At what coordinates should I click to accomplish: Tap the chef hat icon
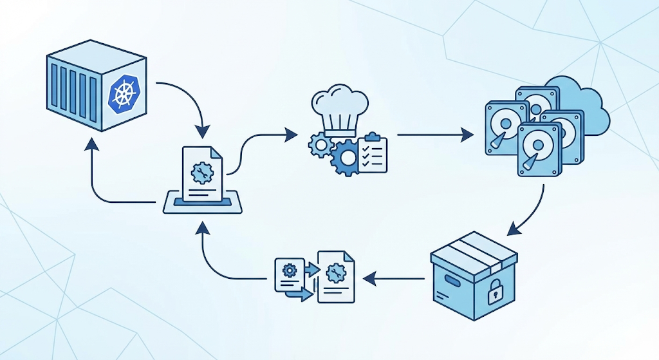click(x=339, y=110)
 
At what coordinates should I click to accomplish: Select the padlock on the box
click(x=494, y=294)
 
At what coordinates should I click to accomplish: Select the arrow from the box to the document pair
click(x=393, y=279)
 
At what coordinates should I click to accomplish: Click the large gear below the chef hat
click(x=348, y=158)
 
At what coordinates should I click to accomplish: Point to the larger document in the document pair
click(x=336, y=277)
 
